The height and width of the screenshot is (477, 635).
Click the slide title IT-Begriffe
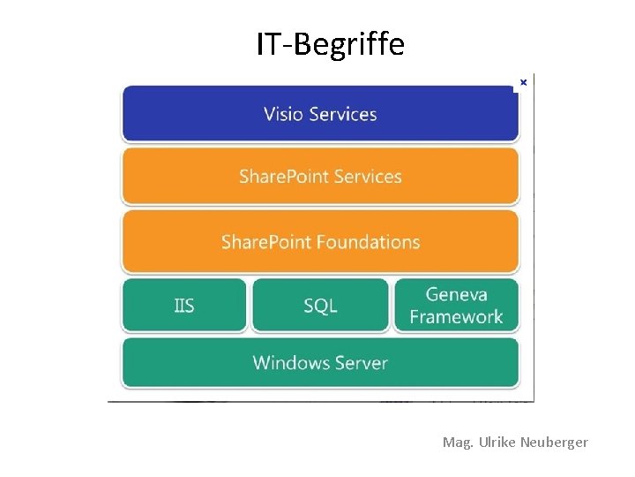(330, 43)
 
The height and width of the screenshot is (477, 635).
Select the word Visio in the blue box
(282, 114)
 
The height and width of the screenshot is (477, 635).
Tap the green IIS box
(184, 306)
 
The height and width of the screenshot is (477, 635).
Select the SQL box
(320, 306)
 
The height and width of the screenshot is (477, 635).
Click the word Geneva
(457, 294)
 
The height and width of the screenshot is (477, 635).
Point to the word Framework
(456, 317)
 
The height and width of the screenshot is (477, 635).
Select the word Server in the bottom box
(361, 363)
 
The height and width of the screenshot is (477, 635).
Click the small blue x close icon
(523, 82)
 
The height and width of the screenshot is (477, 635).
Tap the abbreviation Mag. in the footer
(458, 442)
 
